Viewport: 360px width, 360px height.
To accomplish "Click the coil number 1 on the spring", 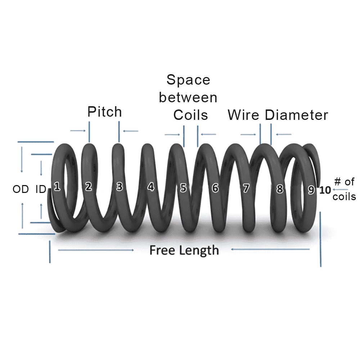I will (57, 186).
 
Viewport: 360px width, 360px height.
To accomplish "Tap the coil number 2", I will (89, 186).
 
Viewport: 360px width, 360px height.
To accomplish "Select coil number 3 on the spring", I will (120, 186).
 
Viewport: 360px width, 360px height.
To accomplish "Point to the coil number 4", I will (151, 187).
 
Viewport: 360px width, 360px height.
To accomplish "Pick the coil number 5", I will (184, 188).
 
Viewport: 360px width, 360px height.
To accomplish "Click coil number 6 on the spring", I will (215, 188).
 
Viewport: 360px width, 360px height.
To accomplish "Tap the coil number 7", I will (246, 188).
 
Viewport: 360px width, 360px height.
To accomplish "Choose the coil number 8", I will (280, 189).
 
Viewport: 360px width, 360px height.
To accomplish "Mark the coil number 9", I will (311, 190).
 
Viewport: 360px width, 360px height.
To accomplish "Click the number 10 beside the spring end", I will (325, 190).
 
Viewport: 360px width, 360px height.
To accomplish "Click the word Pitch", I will (104, 112).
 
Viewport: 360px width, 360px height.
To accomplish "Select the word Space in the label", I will (188, 80).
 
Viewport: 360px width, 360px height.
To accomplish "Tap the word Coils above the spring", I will (190, 115).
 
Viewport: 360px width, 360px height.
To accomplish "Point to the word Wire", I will (244, 115).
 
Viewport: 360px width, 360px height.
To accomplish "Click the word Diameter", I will (297, 115).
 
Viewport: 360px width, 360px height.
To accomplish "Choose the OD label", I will (21, 189).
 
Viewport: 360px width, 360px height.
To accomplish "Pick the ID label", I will (40, 189).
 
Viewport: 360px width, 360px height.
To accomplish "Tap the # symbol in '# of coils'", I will (337, 182).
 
